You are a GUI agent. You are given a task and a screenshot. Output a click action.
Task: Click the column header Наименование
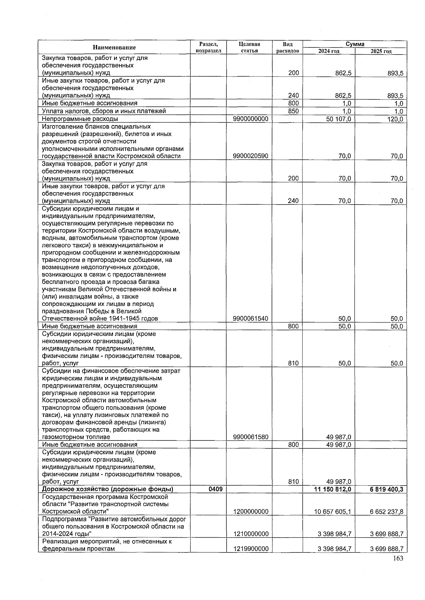click(114, 47)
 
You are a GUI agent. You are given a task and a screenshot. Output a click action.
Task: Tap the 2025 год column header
click(381, 51)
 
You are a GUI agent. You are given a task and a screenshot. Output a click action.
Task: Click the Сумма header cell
click(355, 44)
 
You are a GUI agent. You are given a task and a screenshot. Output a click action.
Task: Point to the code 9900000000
click(250, 119)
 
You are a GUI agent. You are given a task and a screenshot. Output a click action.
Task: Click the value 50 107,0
click(338, 119)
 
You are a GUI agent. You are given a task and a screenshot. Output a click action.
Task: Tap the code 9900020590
click(250, 156)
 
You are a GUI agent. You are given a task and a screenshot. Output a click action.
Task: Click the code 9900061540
click(250, 319)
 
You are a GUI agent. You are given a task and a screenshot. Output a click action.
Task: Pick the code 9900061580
click(250, 437)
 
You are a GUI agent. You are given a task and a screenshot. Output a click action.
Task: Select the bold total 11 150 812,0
click(333, 489)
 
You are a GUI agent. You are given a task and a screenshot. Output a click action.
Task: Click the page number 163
click(398, 559)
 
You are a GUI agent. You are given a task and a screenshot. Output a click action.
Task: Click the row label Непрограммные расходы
click(80, 119)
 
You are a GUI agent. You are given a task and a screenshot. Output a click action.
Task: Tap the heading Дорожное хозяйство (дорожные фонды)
click(107, 489)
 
